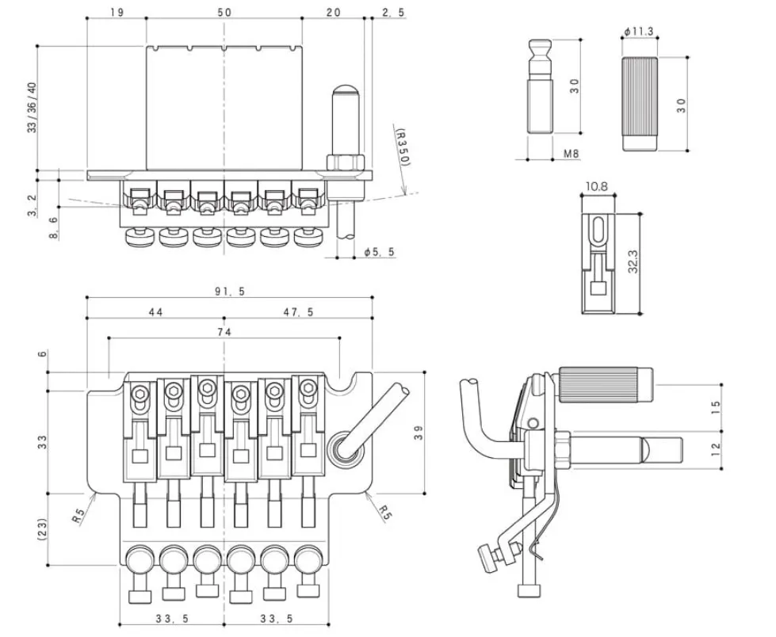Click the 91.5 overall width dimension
tap(230, 292)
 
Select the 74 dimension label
tap(224, 333)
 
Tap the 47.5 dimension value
tap(298, 312)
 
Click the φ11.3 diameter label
tap(638, 31)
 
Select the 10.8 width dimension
tap(596, 187)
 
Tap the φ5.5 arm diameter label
tap(379, 252)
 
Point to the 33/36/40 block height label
tap(32, 108)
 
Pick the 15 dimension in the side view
tap(715, 407)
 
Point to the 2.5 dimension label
tap(393, 12)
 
